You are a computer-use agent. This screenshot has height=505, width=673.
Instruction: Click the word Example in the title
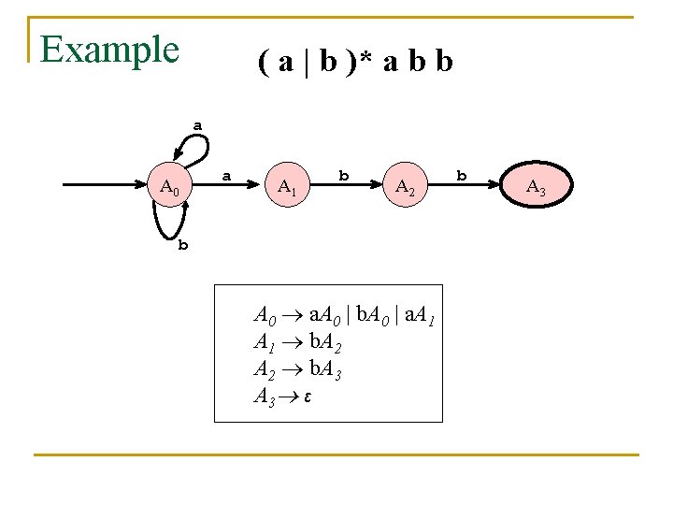pyautogui.click(x=109, y=49)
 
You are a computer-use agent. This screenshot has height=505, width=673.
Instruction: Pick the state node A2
pyautogui.click(x=406, y=188)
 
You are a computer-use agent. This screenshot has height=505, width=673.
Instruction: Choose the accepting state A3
pyautogui.click(x=536, y=188)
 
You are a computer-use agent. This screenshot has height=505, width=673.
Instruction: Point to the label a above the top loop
pyautogui.click(x=197, y=123)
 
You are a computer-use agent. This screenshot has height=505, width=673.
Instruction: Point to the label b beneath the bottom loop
pyautogui.click(x=183, y=246)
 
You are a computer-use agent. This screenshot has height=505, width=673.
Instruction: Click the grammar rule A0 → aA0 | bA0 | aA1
pyautogui.click(x=344, y=315)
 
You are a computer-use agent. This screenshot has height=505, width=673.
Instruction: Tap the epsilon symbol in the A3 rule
pyautogui.click(x=307, y=397)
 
